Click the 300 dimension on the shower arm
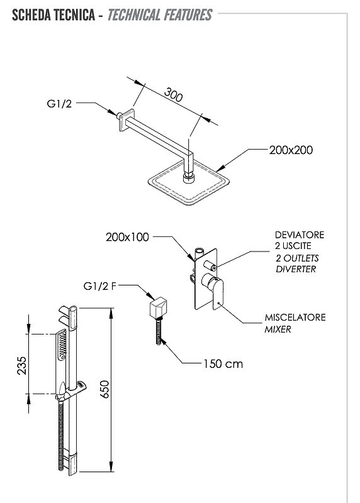click(x=174, y=94)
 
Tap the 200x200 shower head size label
click(x=291, y=150)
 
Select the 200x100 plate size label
click(x=128, y=237)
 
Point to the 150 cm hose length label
click(x=223, y=364)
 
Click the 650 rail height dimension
click(x=105, y=390)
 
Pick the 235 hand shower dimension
click(x=22, y=365)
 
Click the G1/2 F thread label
click(x=99, y=286)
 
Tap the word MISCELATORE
click(x=295, y=318)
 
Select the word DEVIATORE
click(x=300, y=235)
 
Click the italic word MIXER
click(x=278, y=329)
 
